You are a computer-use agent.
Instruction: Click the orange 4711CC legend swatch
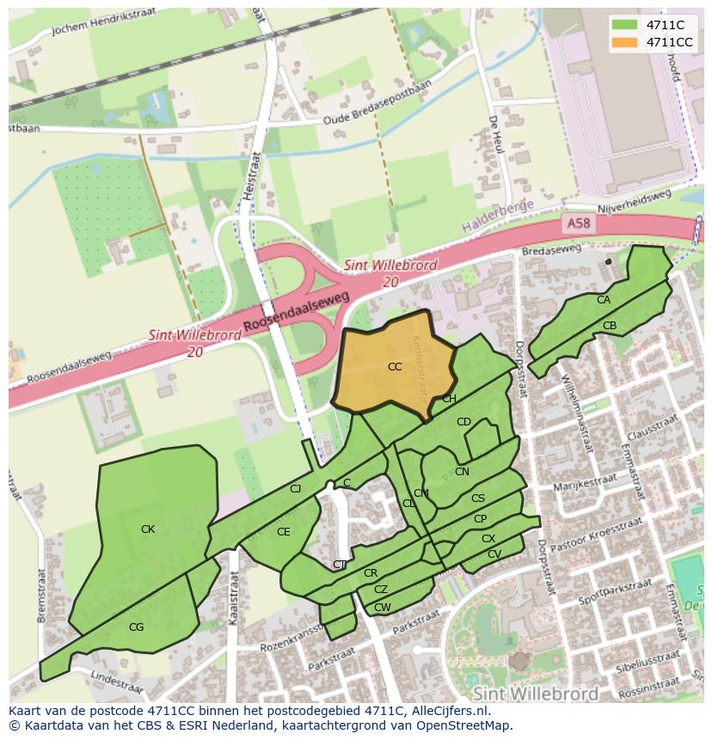click(627, 42)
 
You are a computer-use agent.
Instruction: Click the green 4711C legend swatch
click(627, 25)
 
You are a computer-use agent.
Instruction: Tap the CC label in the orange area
click(395, 367)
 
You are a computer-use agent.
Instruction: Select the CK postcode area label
click(148, 529)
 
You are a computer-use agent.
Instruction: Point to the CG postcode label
click(136, 627)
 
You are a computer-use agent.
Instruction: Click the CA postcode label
click(604, 300)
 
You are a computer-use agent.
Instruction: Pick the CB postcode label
click(610, 326)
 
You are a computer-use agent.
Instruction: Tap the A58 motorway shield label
click(579, 223)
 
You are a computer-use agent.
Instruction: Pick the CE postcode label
click(283, 532)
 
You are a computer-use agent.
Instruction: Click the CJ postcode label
click(295, 489)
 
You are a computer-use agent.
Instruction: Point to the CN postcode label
click(462, 472)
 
